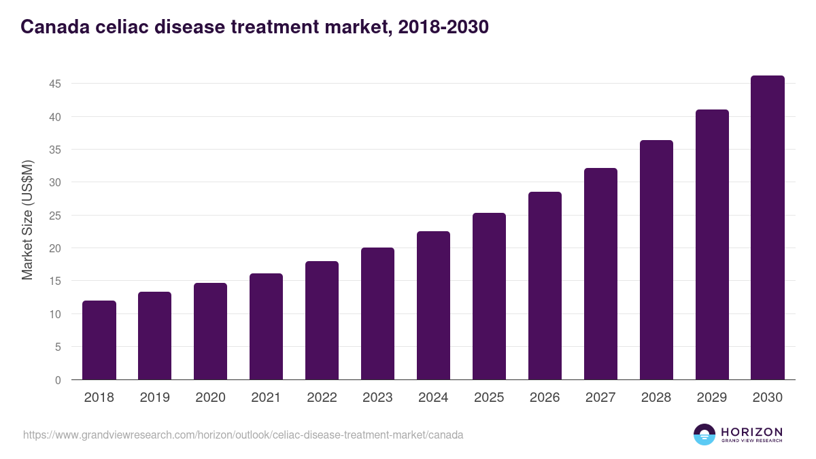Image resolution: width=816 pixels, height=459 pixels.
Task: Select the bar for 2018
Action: coord(99,340)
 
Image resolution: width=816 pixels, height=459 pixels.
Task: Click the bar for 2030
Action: coord(768,228)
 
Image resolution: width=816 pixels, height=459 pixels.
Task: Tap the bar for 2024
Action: coord(433,305)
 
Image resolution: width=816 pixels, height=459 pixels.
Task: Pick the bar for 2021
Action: coord(266,326)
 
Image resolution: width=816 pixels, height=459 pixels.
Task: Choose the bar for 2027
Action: coord(600,274)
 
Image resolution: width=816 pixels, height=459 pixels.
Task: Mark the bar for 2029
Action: coord(712,245)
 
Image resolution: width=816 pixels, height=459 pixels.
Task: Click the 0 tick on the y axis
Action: coord(58,380)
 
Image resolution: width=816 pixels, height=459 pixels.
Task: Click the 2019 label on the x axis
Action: coord(155,398)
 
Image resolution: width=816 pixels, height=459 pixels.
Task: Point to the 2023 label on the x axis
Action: coord(377,398)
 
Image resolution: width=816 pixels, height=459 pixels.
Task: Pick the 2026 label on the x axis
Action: coord(545,398)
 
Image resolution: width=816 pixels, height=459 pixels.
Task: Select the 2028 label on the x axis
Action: coord(656,398)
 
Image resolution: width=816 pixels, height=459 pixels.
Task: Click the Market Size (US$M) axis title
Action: coord(27,220)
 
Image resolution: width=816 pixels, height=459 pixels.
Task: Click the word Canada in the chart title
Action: coord(52,27)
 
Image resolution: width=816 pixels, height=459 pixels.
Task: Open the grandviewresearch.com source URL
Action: coord(243,435)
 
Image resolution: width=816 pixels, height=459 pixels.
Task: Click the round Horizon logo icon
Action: coord(704,435)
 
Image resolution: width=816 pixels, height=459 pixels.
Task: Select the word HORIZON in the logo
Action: coord(751,432)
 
